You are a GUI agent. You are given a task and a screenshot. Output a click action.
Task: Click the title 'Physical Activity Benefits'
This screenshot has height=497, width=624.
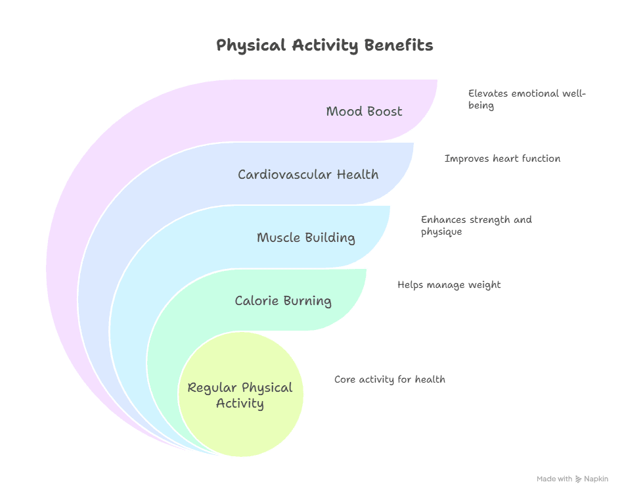pyautogui.click(x=324, y=45)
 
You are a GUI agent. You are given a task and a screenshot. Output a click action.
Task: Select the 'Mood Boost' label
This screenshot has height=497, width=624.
pyautogui.click(x=364, y=111)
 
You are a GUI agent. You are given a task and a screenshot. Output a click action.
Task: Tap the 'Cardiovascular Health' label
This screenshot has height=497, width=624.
pyautogui.click(x=308, y=174)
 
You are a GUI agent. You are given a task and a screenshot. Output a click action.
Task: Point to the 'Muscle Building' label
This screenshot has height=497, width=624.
pyautogui.click(x=306, y=237)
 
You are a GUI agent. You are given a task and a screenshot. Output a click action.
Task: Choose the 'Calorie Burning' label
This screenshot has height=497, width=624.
pyautogui.click(x=283, y=300)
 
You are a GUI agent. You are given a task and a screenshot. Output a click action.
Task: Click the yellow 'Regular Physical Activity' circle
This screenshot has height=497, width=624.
pyautogui.click(x=240, y=395)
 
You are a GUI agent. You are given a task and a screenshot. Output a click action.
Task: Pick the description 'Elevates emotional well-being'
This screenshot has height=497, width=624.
pyautogui.click(x=526, y=99)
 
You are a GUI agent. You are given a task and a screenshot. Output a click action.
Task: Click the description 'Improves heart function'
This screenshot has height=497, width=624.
pyautogui.click(x=502, y=158)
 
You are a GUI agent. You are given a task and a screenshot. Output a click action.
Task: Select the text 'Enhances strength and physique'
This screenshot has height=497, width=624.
pyautogui.click(x=476, y=225)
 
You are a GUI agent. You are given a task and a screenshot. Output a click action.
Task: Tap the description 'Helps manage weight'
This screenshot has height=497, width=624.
pyautogui.click(x=449, y=285)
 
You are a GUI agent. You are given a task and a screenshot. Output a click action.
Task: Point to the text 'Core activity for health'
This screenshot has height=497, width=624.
pyautogui.click(x=390, y=379)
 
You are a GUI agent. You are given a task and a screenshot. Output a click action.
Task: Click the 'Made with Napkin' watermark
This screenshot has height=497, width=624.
pyautogui.click(x=572, y=479)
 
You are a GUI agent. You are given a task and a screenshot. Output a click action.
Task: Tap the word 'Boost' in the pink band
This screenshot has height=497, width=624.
pyautogui.click(x=385, y=111)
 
